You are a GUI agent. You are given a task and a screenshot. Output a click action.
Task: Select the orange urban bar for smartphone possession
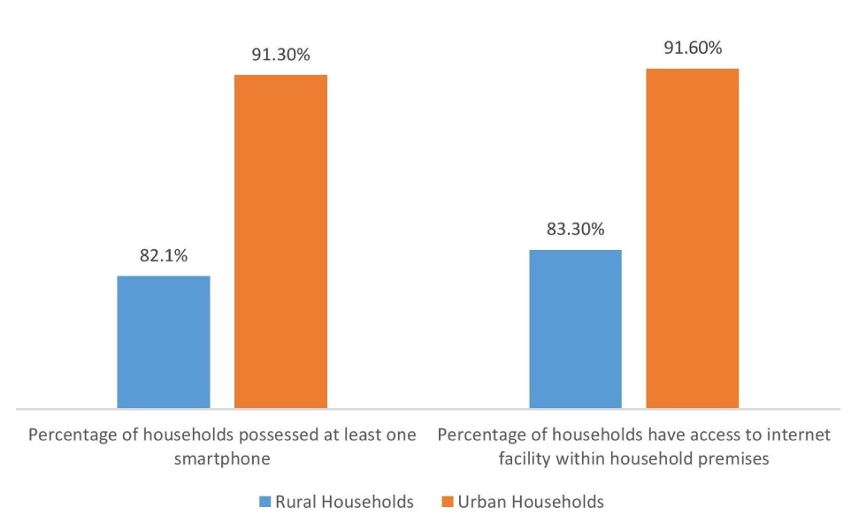point(280,240)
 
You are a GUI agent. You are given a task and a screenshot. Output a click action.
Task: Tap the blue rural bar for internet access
point(575,329)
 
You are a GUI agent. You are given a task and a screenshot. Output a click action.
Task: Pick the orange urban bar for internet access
point(692,238)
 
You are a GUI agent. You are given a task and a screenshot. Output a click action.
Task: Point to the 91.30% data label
point(280,55)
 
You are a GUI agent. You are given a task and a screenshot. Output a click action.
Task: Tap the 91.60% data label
point(693,48)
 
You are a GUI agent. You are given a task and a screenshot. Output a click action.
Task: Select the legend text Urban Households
point(531,502)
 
